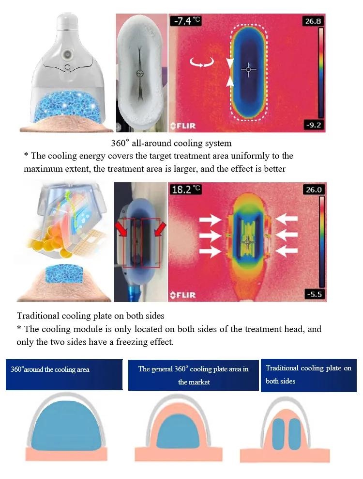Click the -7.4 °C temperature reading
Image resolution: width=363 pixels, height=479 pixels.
(x=186, y=21)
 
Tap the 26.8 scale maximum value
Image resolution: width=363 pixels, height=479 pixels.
(x=313, y=21)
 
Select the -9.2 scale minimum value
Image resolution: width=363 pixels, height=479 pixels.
(x=313, y=125)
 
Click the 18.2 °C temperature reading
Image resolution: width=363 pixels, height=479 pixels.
(x=186, y=190)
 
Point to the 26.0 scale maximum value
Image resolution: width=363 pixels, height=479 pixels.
(x=314, y=190)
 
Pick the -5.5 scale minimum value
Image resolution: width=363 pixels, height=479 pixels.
(x=314, y=294)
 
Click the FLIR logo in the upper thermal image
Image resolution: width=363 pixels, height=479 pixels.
(x=183, y=126)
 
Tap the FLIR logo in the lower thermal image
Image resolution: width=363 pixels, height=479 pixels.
(x=183, y=295)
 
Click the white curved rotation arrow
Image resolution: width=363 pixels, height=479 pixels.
(x=201, y=63)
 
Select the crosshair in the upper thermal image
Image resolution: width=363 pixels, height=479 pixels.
(x=248, y=70)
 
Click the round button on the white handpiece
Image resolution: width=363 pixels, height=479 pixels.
(x=66, y=55)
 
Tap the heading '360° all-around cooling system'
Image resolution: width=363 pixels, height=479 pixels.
(x=171, y=143)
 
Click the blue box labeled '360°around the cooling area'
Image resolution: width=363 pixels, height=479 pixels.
(x=64, y=375)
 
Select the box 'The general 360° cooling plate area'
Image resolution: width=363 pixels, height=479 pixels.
(x=194, y=375)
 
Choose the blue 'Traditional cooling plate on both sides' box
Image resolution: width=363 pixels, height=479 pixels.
(x=309, y=375)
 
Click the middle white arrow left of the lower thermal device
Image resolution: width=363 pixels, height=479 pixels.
(x=211, y=236)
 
